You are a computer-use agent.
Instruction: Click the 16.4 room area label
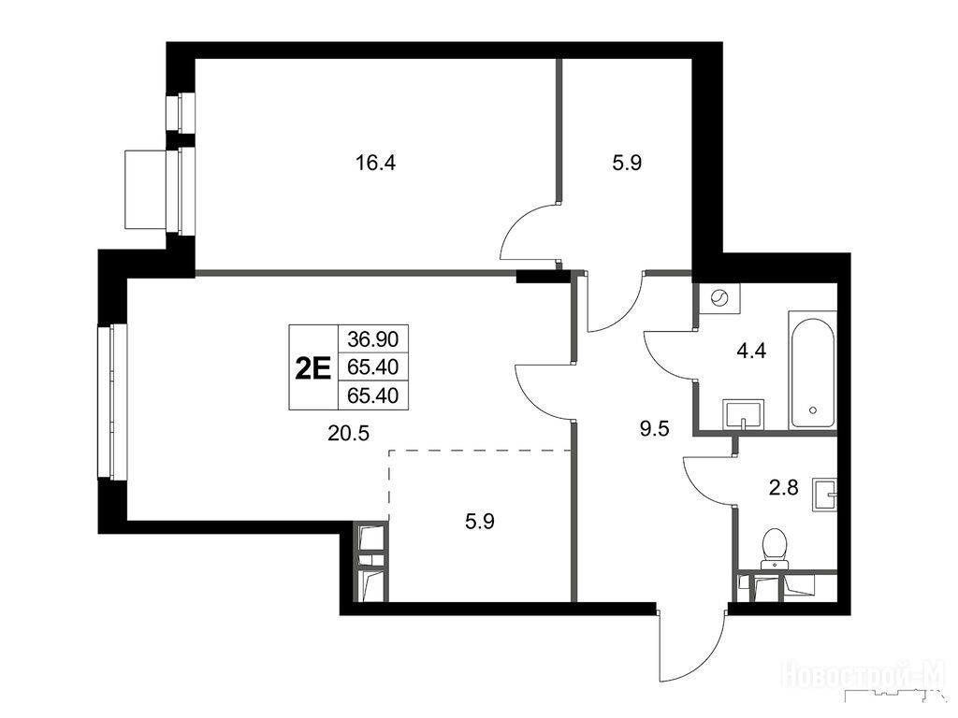tap(376, 163)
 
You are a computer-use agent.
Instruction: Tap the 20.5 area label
tap(348, 434)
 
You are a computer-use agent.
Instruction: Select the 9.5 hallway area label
tap(654, 428)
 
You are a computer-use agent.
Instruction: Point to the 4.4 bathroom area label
tap(751, 352)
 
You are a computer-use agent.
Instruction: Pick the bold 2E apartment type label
tap(312, 368)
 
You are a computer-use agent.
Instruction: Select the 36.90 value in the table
tap(372, 337)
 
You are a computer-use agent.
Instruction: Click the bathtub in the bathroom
tap(812, 370)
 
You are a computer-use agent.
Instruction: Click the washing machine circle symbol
tap(719, 298)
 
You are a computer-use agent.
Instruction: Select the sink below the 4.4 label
tap(743, 415)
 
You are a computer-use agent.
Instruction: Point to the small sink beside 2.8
tap(825, 494)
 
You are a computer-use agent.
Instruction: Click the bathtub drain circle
tap(812, 409)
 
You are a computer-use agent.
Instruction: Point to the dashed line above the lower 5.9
tap(480, 451)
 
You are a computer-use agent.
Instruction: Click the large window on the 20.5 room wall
tap(112, 402)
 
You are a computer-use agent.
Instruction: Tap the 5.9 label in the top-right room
tap(628, 163)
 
